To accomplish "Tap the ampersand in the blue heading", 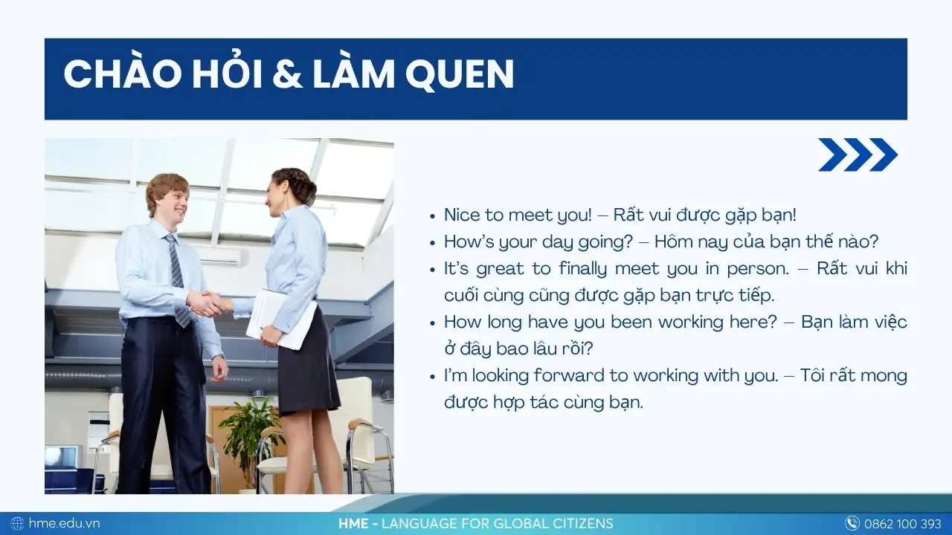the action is coord(287,74).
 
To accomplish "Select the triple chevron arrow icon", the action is coord(858,155).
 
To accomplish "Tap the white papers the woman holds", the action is coord(280,319).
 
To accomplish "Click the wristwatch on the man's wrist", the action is coord(219,357).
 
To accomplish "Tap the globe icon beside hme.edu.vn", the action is coord(17,523).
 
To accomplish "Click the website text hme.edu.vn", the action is coord(64,523).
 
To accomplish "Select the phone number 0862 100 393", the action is coord(903,524).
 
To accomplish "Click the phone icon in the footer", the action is coord(852,523).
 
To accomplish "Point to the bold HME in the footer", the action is coord(353,524).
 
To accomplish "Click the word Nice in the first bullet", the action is coord(463,215).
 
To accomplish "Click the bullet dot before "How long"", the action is coord(433,323).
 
